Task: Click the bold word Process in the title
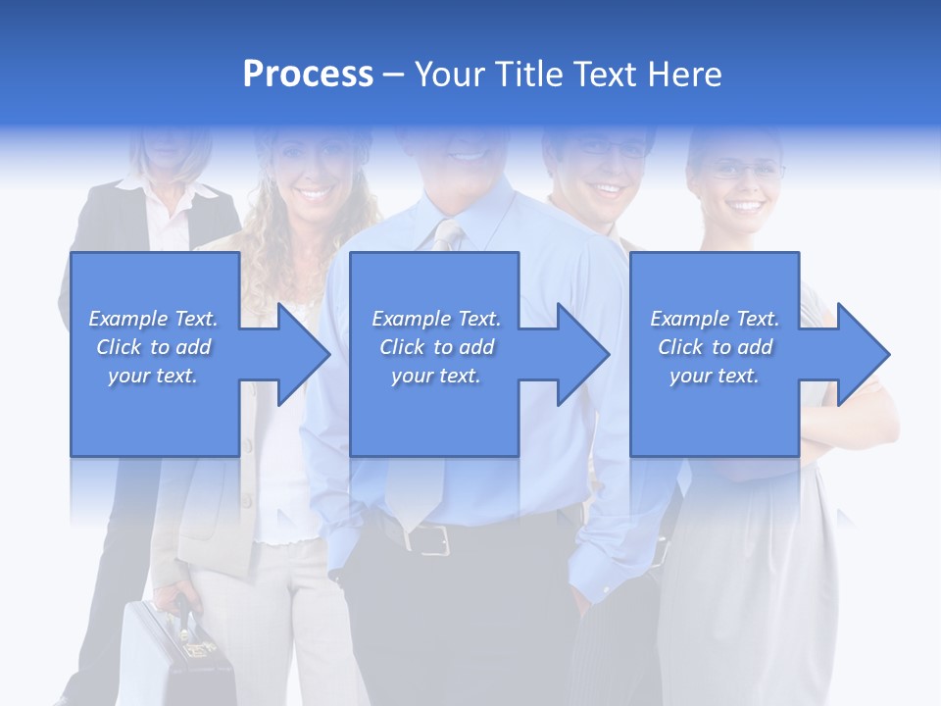click(x=308, y=75)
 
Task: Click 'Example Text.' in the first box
click(x=154, y=319)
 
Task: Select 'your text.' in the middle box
click(x=436, y=376)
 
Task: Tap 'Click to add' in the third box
click(x=715, y=347)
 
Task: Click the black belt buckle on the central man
click(x=432, y=537)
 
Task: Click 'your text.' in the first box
click(x=154, y=376)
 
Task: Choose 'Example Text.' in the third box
click(x=715, y=319)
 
